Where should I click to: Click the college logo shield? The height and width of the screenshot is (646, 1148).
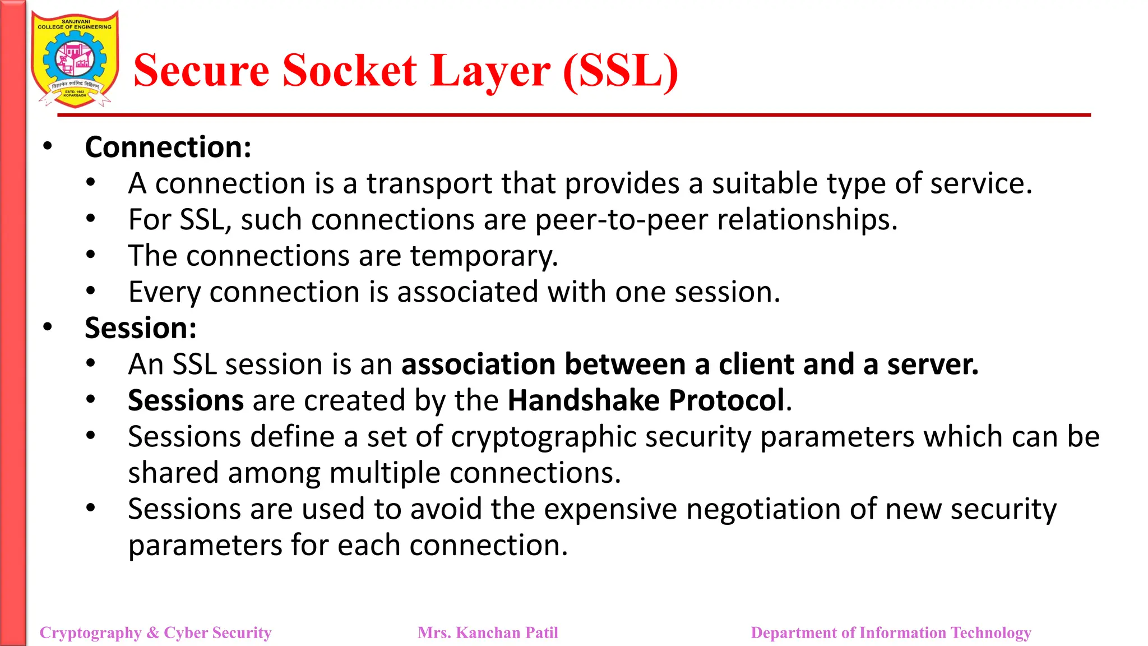click(x=75, y=59)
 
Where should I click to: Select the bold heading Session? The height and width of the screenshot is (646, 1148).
click(x=141, y=328)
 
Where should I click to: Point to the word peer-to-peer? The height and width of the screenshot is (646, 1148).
click(x=621, y=220)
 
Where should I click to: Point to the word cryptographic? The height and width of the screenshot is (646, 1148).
click(x=543, y=437)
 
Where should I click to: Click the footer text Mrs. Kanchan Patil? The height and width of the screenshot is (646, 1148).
click(x=488, y=633)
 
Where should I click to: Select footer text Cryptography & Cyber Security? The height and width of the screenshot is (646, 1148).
click(x=155, y=633)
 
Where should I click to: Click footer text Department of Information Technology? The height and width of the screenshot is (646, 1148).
click(x=891, y=633)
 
